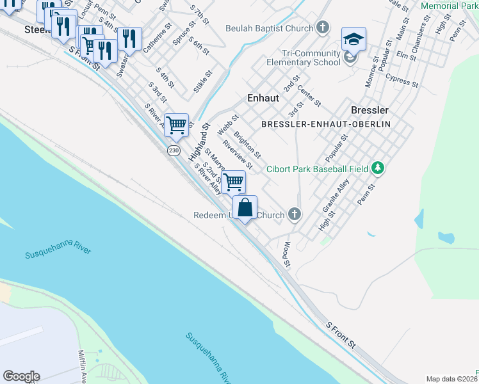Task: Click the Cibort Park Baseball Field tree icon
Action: point(378,168)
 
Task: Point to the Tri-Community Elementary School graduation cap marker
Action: point(353,40)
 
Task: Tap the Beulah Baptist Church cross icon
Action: point(323,28)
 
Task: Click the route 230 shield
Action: point(174,150)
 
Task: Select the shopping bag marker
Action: point(245,208)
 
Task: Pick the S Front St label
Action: point(341,335)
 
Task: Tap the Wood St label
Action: point(287,254)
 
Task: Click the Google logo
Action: point(21,376)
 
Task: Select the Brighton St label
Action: point(247,145)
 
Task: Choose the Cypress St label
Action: point(402,80)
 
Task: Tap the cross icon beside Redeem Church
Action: point(294,214)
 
